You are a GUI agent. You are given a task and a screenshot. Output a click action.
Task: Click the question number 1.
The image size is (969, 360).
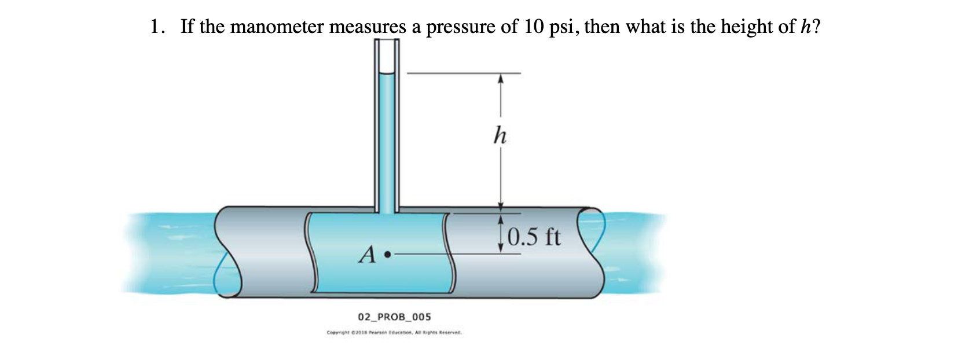(x=155, y=27)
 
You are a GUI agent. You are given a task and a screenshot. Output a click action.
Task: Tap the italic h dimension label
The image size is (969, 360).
(x=500, y=137)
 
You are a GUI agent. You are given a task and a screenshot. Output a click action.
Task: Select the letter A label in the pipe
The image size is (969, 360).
(x=368, y=254)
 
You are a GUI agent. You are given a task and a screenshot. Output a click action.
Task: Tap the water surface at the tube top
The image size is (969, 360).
(x=386, y=74)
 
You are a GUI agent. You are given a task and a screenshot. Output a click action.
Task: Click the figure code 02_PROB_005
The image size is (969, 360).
(x=394, y=317)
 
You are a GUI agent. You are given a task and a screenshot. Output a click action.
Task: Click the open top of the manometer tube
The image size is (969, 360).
(x=386, y=41)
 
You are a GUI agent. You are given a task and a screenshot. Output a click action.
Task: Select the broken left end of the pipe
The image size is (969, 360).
(x=227, y=253)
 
